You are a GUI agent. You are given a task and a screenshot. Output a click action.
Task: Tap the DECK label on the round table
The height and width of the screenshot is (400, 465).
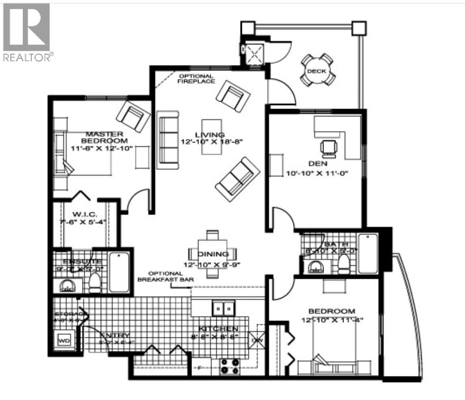tap(316, 71)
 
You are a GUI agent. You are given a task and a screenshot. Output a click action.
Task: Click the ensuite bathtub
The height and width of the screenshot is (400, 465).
tap(119, 272)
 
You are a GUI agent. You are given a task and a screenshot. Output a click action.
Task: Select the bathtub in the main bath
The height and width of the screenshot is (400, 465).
tap(368, 253)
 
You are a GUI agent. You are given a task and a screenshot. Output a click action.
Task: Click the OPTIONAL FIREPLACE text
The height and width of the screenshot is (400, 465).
tap(197, 79)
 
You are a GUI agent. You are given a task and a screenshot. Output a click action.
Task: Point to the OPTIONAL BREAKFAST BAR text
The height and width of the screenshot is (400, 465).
tap(165, 276)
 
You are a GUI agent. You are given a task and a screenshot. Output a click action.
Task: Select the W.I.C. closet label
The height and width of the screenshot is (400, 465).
tap(85, 214)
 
